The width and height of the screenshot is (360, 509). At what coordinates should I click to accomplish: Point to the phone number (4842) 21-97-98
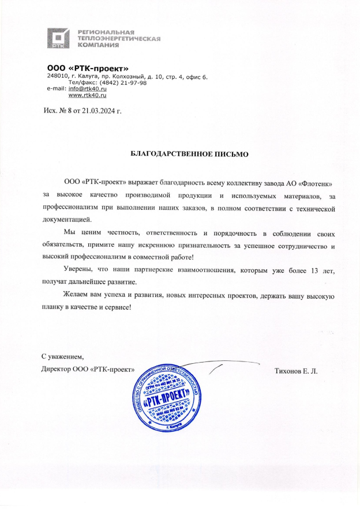tap(123, 82)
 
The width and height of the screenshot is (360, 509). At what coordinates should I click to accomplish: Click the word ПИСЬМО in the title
tap(229, 154)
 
